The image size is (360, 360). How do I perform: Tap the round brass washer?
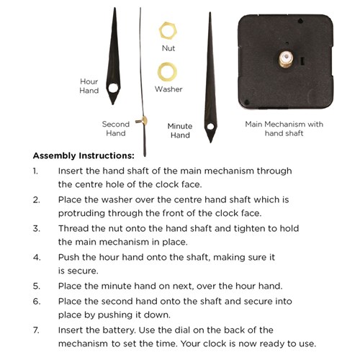168,71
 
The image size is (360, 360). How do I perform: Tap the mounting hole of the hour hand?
113,89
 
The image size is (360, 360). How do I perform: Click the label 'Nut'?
168,49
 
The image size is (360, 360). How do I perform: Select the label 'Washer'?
168,89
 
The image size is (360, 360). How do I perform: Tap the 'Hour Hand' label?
89,86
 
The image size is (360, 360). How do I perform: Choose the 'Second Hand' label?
115,128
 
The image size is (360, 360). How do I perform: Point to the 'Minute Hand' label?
180,130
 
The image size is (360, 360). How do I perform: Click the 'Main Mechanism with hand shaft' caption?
284,128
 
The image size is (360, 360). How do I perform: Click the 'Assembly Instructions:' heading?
84,156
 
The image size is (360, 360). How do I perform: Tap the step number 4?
36,257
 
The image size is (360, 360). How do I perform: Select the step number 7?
36,329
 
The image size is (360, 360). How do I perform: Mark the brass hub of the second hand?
146,119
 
